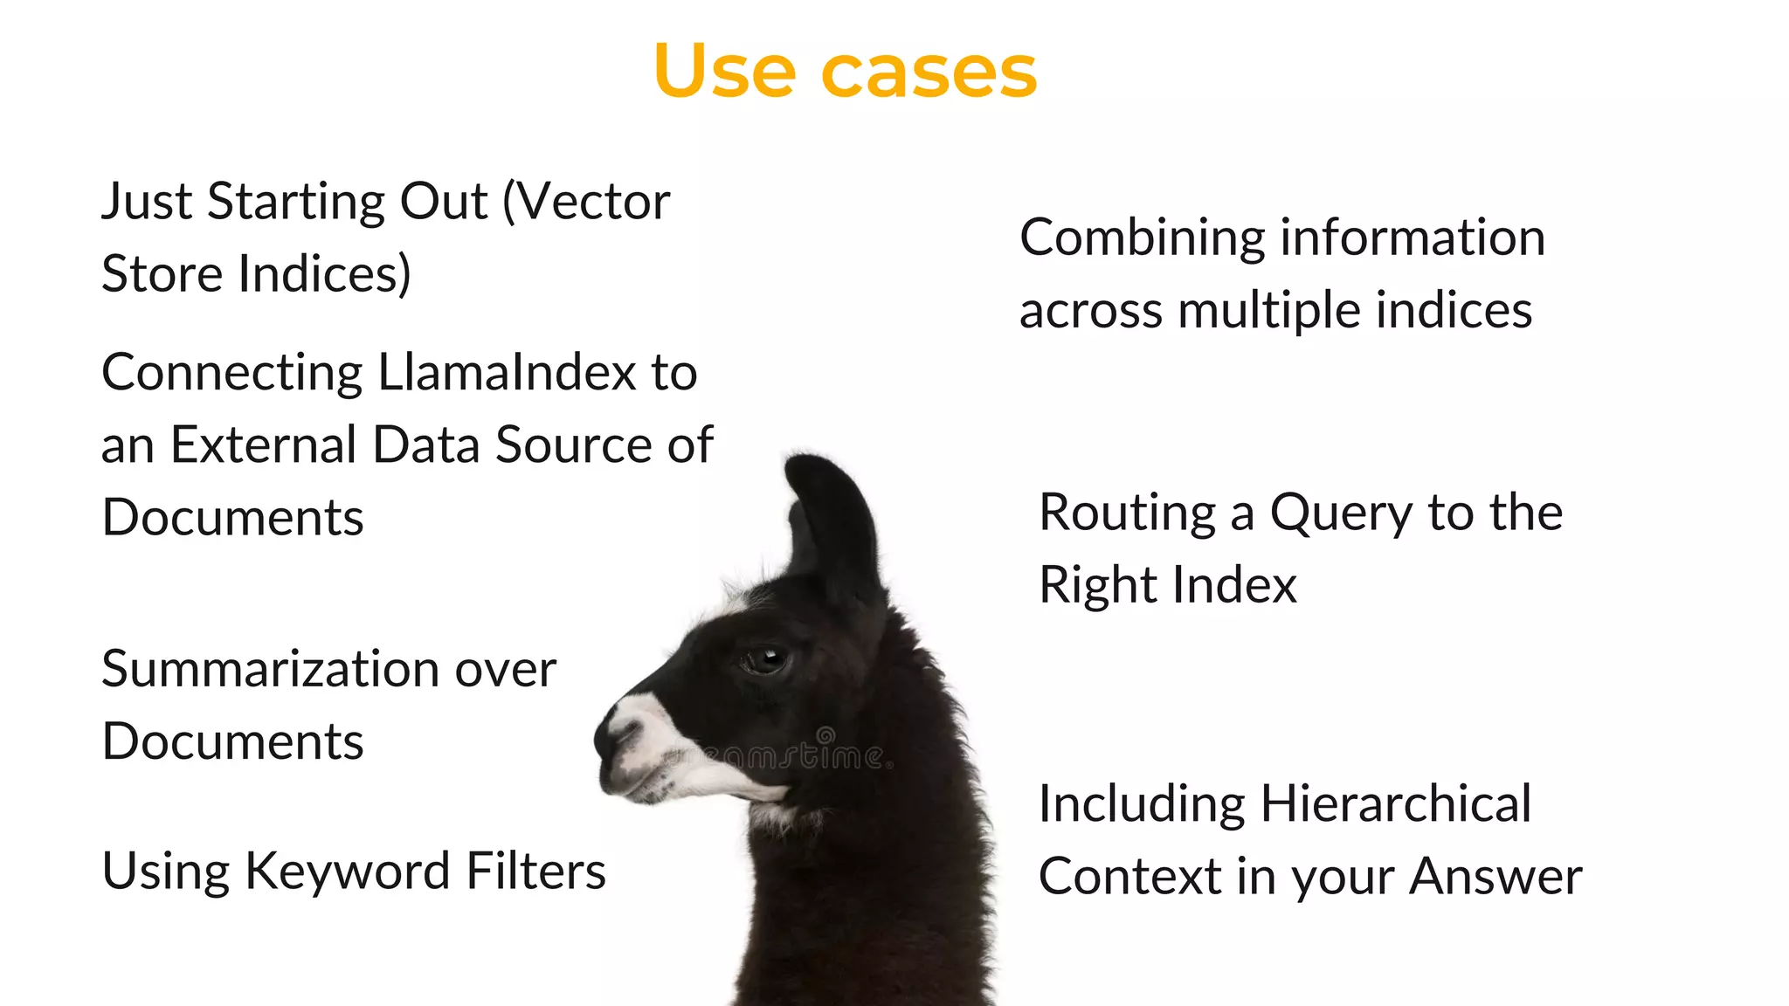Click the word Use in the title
pyautogui.click(x=724, y=71)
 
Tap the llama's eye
pyautogui.click(x=766, y=658)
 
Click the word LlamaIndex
pyautogui.click(x=508, y=372)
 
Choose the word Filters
pyautogui.click(x=535, y=872)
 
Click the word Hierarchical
pyautogui.click(x=1395, y=803)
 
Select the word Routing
pyautogui.click(x=1127, y=513)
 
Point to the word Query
pyautogui.click(x=1340, y=513)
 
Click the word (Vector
pyautogui.click(x=586, y=202)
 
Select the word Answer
pyautogui.click(x=1495, y=876)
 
